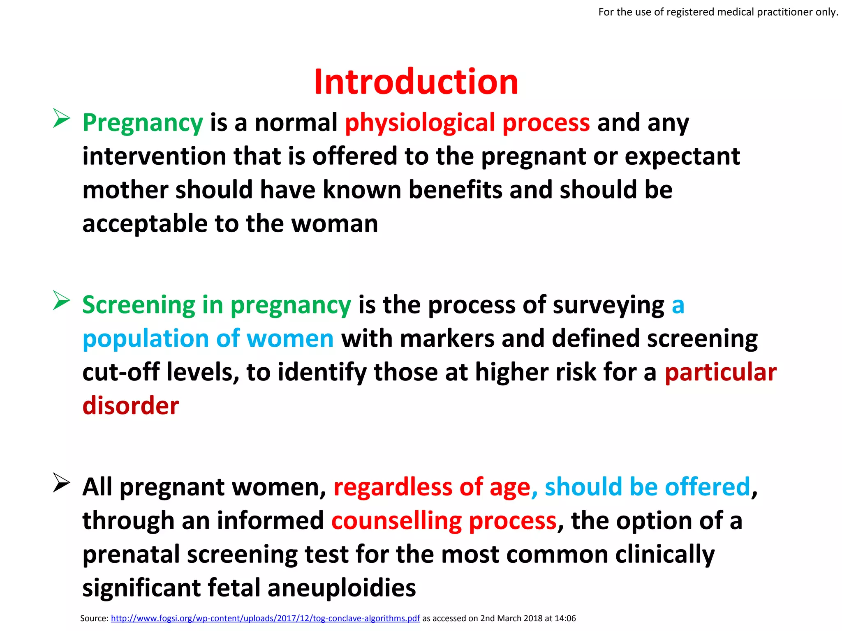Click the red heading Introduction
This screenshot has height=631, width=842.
416,82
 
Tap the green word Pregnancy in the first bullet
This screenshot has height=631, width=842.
143,123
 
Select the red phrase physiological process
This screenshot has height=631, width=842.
467,123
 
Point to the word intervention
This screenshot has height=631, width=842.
154,157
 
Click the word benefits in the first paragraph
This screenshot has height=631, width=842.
455,190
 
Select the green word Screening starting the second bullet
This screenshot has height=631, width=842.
139,305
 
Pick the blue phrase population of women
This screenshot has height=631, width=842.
208,339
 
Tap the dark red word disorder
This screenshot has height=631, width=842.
131,406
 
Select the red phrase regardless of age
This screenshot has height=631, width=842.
432,487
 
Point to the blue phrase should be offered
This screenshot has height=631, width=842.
648,487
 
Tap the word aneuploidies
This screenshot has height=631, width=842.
342,588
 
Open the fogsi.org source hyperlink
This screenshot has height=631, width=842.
265,618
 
